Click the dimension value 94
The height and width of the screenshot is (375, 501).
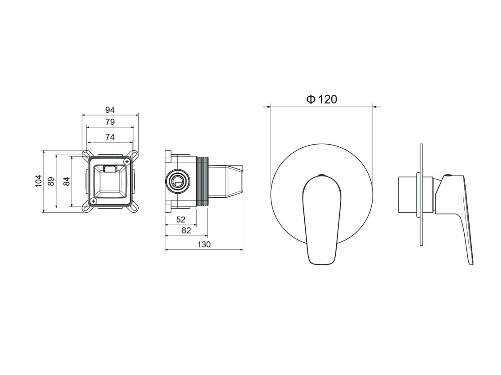110,110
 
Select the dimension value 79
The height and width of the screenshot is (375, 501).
110,122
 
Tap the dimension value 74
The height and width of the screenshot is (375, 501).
110,137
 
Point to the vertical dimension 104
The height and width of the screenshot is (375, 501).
39,181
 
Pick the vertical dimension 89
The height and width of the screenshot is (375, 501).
51,181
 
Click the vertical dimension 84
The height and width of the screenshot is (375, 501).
66,181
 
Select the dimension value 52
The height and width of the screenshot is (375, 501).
181,219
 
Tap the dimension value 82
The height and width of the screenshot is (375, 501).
186,230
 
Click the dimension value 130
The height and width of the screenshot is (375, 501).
204,244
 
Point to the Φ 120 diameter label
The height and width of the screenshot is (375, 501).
322,99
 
